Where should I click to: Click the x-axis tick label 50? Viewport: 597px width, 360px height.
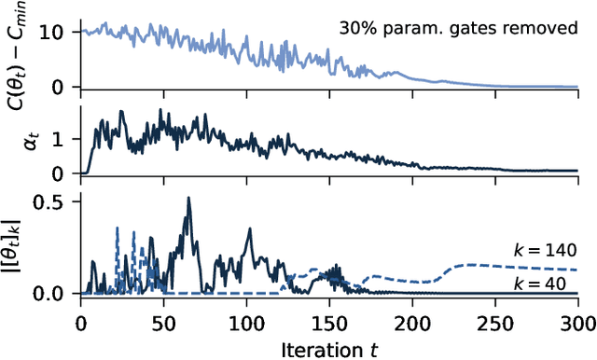point(163,322)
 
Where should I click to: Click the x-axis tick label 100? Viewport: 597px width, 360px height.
point(246,322)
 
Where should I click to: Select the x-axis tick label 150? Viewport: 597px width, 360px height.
point(329,322)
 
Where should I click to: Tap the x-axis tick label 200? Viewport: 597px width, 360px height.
point(412,322)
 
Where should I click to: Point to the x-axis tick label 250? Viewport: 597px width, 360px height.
point(495,322)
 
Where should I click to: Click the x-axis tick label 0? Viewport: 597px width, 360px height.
point(80,322)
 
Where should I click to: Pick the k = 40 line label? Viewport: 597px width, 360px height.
point(551,281)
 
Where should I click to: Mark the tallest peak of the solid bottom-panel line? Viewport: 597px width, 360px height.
point(188,198)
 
